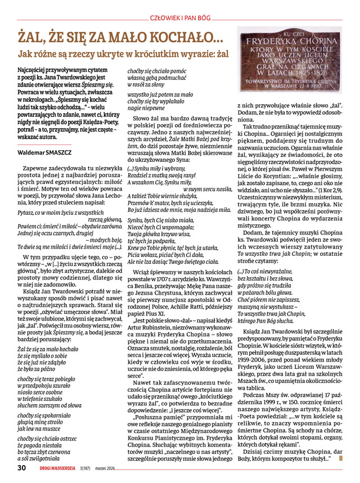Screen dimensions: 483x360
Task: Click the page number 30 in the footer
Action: pyautogui.click(x=22, y=467)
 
